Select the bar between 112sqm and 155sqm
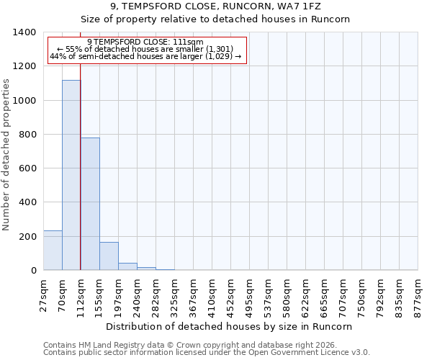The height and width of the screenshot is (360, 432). [x=90, y=204]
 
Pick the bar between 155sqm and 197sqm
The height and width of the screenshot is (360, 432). [x=109, y=256]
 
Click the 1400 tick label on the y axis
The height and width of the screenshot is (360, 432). [x=24, y=32]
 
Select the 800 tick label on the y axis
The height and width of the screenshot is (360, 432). [x=27, y=135]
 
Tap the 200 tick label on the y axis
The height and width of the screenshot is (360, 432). [x=27, y=237]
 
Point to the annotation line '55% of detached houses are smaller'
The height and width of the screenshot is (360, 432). [x=146, y=50]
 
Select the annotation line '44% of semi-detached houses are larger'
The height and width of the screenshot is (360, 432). [x=146, y=57]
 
